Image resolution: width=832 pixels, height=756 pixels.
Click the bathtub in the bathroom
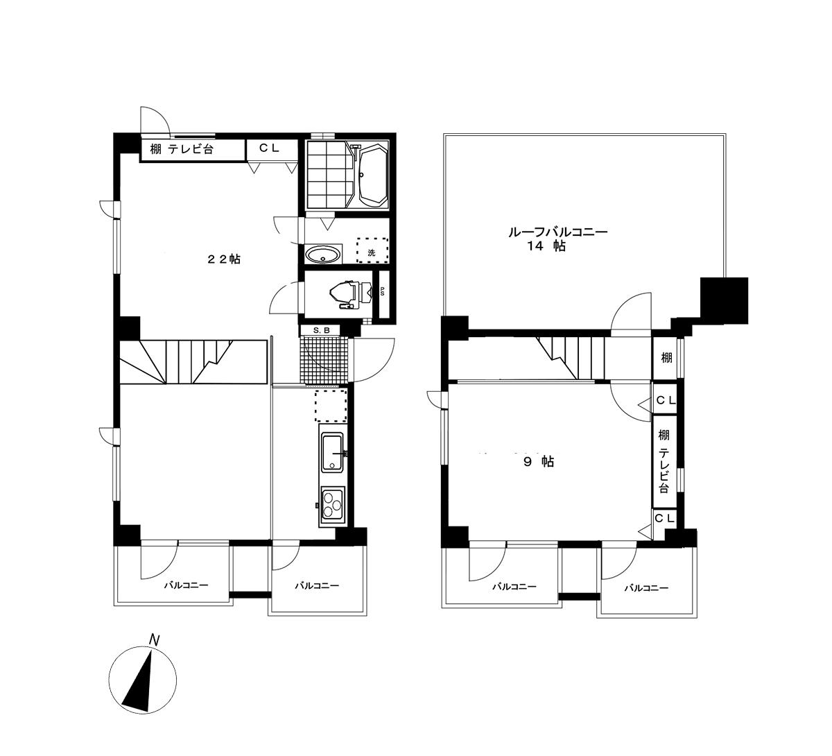point(373,175)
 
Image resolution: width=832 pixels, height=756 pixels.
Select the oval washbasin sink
point(322,255)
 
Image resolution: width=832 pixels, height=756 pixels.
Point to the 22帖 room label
point(224,259)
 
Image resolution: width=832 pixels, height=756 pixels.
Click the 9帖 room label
point(539,461)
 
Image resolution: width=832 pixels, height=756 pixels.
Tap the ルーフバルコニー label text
point(558,232)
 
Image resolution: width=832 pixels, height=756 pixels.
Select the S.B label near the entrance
point(322,330)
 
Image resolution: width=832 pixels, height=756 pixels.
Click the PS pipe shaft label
point(382,292)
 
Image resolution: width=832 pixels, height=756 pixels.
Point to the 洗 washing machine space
point(372,250)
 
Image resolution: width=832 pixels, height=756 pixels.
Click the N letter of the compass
point(155,639)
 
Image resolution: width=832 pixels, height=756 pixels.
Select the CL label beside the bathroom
point(270,148)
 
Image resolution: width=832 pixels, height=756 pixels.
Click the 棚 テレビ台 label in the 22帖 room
point(182,149)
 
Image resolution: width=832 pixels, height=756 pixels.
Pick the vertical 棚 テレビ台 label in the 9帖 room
point(664,461)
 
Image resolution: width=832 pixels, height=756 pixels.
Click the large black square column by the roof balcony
point(724,300)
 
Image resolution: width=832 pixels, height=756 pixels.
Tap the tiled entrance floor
point(324,360)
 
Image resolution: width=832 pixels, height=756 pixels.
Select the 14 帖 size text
point(546,246)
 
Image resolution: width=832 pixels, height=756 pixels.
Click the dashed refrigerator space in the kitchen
point(331,405)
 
